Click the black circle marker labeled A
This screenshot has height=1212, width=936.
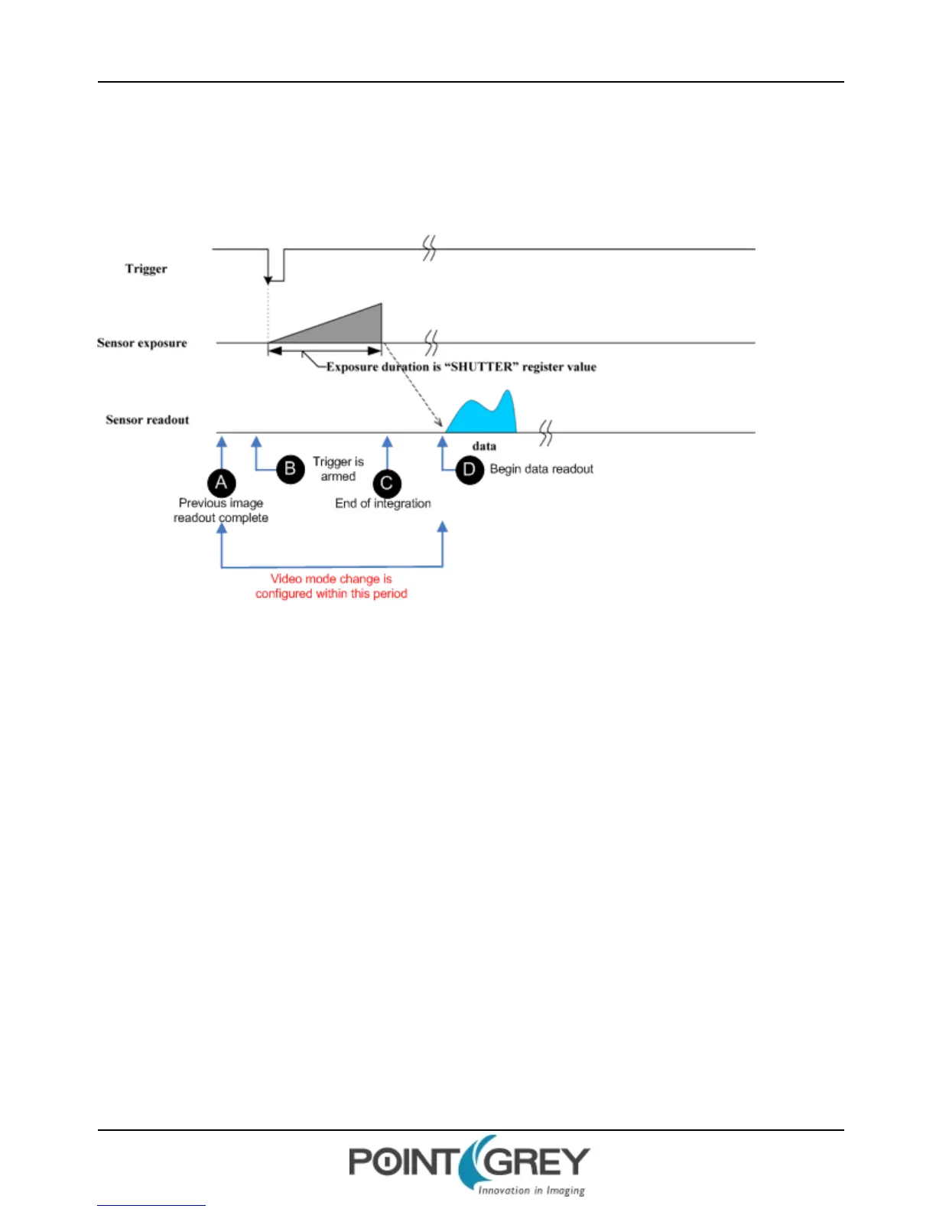coord(221,483)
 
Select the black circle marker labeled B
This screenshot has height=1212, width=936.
coord(290,468)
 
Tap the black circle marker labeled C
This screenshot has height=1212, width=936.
coord(387,484)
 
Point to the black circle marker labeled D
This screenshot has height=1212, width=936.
coord(470,469)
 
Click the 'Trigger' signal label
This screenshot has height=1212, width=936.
coord(146,269)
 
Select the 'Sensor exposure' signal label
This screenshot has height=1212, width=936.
coord(142,343)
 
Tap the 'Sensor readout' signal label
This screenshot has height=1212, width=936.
coord(148,419)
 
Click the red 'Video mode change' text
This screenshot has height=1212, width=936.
coord(331,586)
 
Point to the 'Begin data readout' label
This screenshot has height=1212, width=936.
coord(541,469)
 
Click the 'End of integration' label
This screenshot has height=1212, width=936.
coord(383,503)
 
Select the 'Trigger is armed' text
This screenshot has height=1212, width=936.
coord(338,469)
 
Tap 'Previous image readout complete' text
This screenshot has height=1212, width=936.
coord(221,510)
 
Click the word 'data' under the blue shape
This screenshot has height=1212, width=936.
coord(484,446)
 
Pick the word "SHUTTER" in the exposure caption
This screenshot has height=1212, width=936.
coord(481,367)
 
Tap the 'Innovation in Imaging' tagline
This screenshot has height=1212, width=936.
coord(531,1191)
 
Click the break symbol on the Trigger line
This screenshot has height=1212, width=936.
coord(430,249)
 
